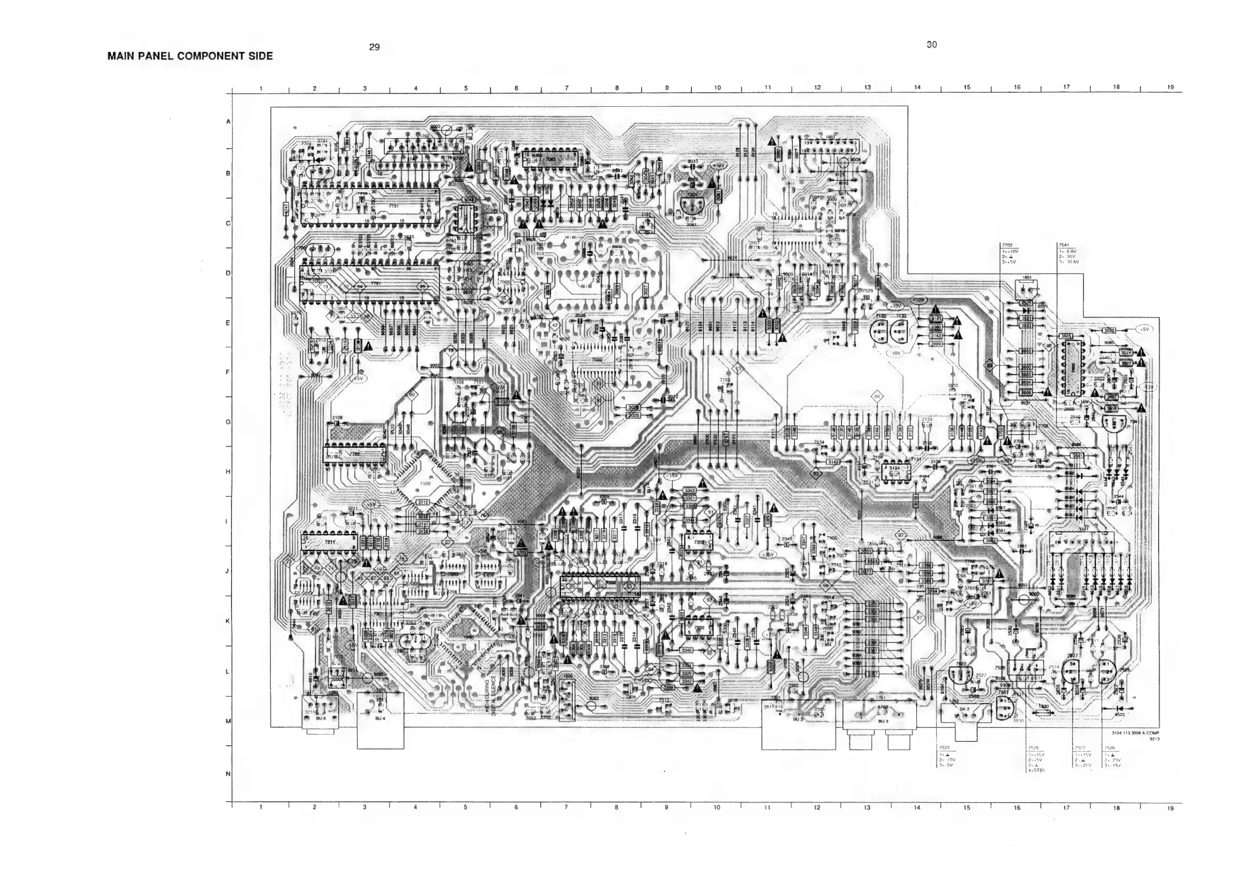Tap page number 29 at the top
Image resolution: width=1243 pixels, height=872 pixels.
[374, 47]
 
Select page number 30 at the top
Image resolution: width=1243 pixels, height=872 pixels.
[931, 45]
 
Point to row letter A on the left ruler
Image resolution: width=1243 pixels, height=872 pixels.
[228, 122]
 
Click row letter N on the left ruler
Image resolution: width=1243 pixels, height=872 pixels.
[228, 774]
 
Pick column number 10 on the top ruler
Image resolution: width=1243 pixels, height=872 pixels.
[717, 88]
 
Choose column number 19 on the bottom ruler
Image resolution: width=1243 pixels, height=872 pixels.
[1170, 809]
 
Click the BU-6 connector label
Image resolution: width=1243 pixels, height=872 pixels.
[321, 718]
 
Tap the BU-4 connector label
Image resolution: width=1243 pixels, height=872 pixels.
[380, 718]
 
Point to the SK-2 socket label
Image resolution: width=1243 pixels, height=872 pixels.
[964, 709]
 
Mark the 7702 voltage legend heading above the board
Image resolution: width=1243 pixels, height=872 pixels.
[1007, 245]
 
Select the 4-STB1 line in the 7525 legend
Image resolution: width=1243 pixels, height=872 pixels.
[1036, 769]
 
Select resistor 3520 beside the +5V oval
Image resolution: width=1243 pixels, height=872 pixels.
[1109, 331]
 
